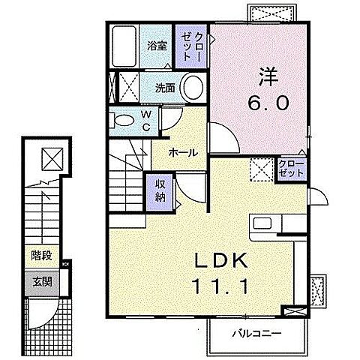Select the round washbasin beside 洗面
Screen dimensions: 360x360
point(193,88)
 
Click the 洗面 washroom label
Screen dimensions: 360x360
point(166,88)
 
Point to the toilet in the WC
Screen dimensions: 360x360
point(123,118)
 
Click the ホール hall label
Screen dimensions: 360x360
point(183,152)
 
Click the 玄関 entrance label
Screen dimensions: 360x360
point(41,282)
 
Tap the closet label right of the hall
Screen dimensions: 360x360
point(292,167)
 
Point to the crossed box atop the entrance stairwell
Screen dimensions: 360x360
point(52,159)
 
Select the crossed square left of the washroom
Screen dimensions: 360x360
point(126,87)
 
